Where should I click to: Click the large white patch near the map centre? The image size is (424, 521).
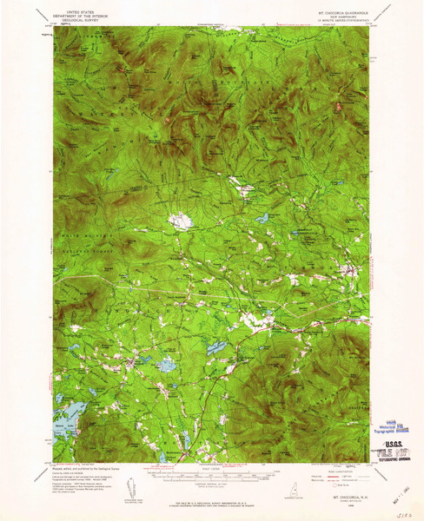coord(181,221)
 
